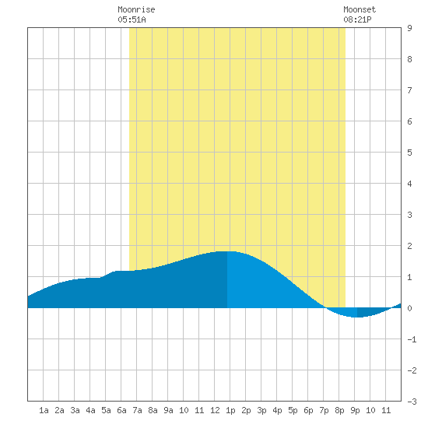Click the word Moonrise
coord(136,9)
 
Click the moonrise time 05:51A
coord(132,19)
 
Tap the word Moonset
coord(360,9)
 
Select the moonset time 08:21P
coord(357,19)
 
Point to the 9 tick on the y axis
coord(409,28)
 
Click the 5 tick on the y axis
coord(409,153)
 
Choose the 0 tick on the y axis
coord(409,308)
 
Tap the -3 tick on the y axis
coord(412,402)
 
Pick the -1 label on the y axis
coord(412,339)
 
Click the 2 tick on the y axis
coord(409,246)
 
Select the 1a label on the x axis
coord(44,410)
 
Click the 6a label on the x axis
coord(121,410)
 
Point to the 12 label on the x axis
coord(215,410)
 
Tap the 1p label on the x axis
coord(230,410)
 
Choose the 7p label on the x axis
coord(324,410)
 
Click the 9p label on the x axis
coord(355,410)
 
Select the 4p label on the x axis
coord(277,410)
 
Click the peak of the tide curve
coord(227,251)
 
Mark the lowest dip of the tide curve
coord(355,317)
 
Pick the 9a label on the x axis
coord(168,410)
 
